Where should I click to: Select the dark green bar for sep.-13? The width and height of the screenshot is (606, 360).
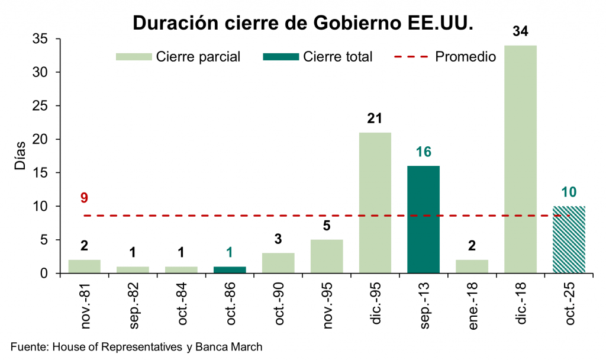(423, 219)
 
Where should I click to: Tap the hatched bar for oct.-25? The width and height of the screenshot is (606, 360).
(569, 240)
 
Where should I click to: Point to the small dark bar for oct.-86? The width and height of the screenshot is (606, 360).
(230, 270)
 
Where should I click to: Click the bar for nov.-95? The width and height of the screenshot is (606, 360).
(327, 256)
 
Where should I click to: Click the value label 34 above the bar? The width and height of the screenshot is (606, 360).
(520, 31)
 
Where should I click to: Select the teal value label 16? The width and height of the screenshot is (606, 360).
(423, 152)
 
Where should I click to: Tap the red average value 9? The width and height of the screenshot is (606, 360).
(84, 197)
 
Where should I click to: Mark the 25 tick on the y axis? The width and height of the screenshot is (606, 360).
(47, 106)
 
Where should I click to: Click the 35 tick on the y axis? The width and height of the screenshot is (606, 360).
(47, 39)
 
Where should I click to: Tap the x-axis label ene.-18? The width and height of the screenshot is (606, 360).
(472, 303)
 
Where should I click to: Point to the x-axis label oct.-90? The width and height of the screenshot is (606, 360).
(279, 303)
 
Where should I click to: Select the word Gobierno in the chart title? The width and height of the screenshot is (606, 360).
(352, 23)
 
